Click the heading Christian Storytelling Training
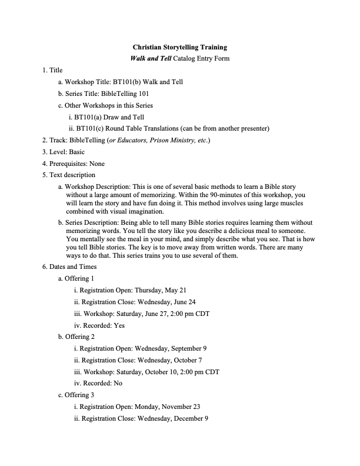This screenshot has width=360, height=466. pyautogui.click(x=180, y=46)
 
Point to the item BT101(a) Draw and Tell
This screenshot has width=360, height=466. pyautogui.click(x=106, y=117)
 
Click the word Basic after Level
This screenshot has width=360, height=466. pyautogui.click(x=77, y=152)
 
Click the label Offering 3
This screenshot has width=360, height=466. pyautogui.click(x=79, y=395)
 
